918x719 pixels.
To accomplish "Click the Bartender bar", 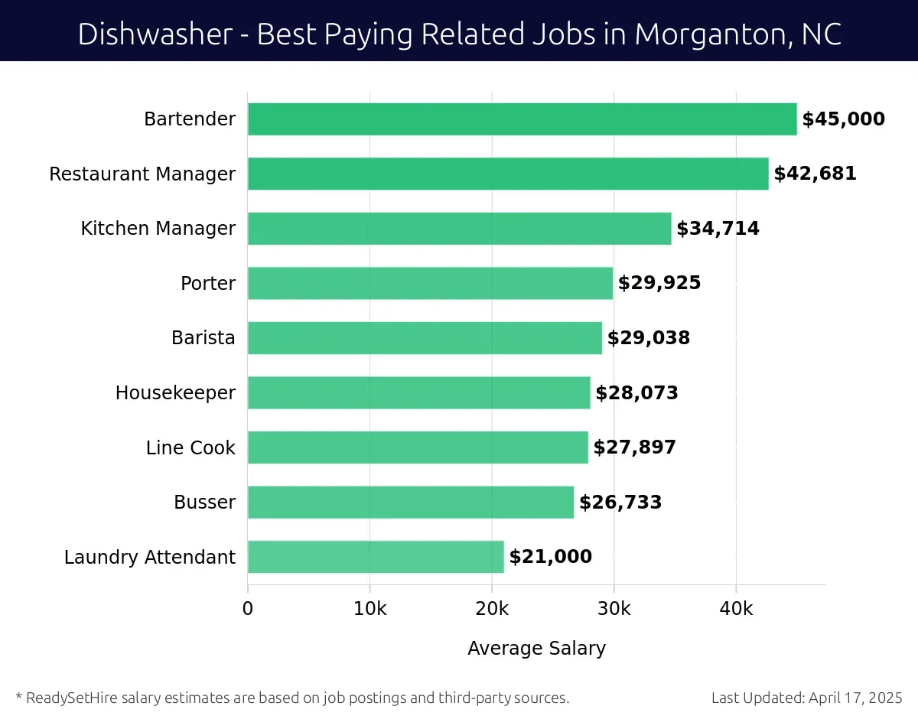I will point(522,119).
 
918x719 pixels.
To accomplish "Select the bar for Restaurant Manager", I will point(508,174).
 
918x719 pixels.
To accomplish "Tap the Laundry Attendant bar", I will point(376,557).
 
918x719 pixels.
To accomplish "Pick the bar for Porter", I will point(430,283).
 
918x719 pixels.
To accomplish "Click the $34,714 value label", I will point(718,229).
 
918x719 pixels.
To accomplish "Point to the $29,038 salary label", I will point(649,338).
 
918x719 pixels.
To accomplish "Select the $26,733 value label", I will point(620,503).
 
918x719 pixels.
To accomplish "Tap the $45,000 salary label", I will point(843,119).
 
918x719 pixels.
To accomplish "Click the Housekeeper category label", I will point(175,393).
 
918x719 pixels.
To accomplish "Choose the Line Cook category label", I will point(190,447).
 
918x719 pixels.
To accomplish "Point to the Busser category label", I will point(204,503).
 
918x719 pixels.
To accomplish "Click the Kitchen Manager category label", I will point(158,229).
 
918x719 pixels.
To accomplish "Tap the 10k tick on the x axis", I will point(369,609).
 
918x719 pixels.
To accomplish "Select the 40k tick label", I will point(736,609).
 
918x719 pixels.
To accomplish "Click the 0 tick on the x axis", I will point(248,609).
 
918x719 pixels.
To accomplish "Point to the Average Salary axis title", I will point(536,649).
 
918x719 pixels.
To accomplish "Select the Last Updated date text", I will point(806,698).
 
